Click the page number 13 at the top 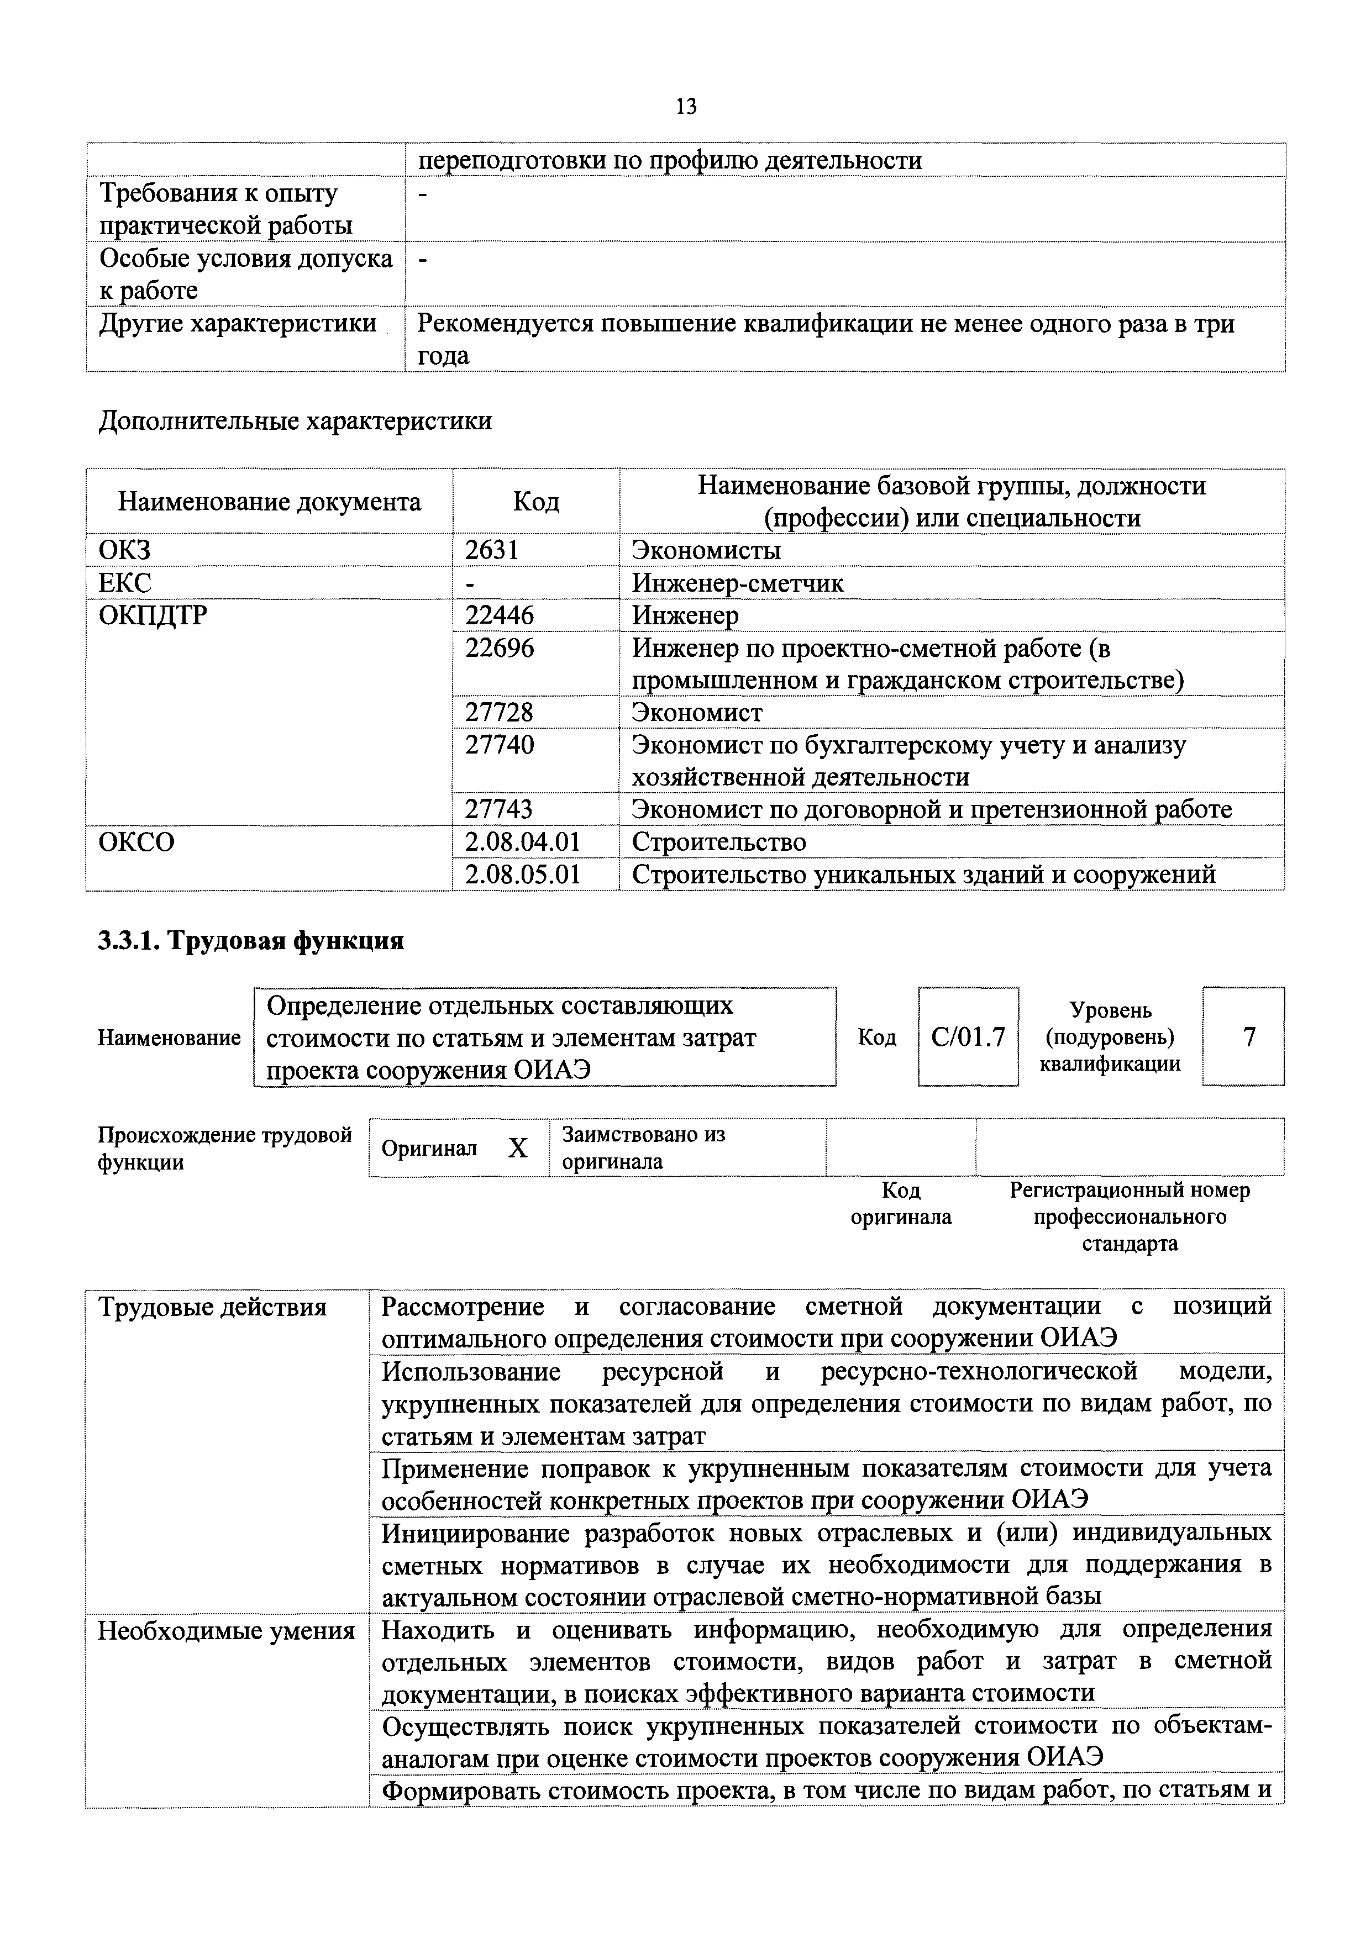coord(685,107)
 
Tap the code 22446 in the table coord(499,616)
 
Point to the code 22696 coord(499,648)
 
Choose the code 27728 coord(499,713)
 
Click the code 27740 coord(499,745)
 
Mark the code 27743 coord(499,809)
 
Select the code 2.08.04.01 coord(523,841)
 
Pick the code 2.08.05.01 coord(523,873)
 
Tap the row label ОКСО coord(136,841)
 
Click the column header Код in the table coord(536,502)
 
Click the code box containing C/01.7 coord(968,1036)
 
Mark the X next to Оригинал coord(517,1148)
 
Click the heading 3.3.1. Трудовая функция coord(251,940)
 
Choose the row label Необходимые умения coord(226,1631)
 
